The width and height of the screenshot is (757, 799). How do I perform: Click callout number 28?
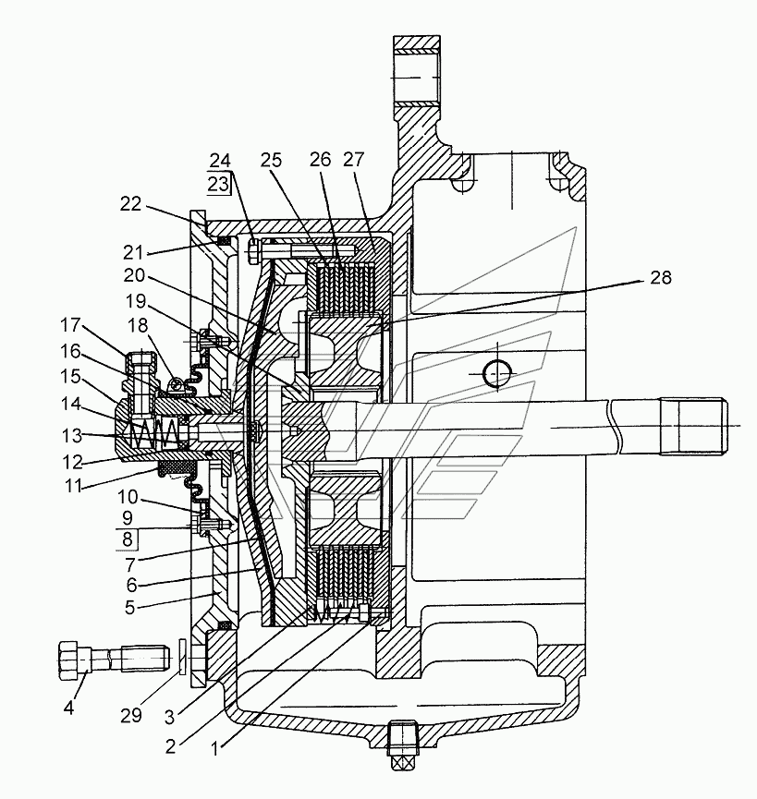coord(661,278)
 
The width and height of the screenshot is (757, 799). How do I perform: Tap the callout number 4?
coord(69,707)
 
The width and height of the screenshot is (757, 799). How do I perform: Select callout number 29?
coord(131,716)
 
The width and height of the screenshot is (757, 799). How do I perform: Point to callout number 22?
coord(130,204)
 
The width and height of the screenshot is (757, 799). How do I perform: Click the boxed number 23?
coord(217,184)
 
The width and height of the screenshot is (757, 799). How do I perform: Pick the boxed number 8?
coord(128,539)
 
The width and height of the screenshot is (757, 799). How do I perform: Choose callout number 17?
coord(70,324)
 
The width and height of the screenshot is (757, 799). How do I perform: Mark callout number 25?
coord(271,161)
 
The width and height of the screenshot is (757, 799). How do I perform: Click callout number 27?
coord(354,160)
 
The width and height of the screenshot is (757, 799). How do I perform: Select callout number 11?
coord(74,486)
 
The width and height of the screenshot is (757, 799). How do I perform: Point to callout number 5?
coord(129,608)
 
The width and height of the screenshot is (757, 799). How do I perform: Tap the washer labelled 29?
coord(182,658)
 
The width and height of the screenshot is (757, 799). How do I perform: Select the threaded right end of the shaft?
coord(694,426)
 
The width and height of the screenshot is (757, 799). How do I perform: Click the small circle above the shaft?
coord(497,373)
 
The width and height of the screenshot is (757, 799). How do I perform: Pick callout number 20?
coord(135,275)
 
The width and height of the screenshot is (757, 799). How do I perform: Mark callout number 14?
coord(71,404)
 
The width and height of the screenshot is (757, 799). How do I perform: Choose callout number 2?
coord(171,746)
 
